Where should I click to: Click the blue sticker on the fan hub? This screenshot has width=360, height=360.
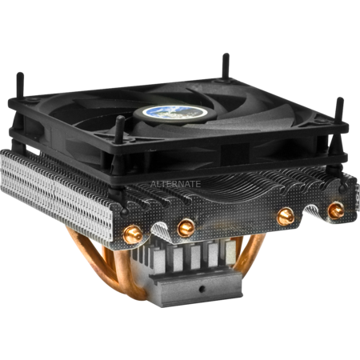[175, 112]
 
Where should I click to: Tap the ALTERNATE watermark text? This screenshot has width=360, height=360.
[175, 184]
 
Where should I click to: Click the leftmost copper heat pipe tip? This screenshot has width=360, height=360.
[133, 234]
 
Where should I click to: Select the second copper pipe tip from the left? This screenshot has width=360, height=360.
[186, 228]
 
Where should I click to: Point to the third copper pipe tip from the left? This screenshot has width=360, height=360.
[286, 216]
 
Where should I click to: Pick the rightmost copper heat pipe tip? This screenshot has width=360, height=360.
[336, 210]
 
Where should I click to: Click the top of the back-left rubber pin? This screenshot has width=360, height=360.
[20, 74]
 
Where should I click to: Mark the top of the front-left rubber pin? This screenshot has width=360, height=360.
[120, 118]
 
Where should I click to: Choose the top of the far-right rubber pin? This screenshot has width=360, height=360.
[340, 100]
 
